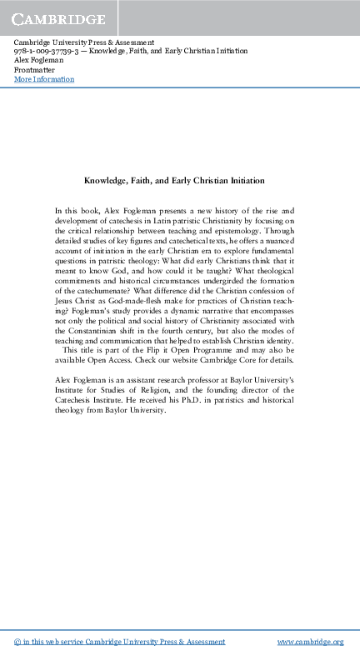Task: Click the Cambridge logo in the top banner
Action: pos(58,18)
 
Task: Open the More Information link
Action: pos(44,79)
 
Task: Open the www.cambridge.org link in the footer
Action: pos(310,642)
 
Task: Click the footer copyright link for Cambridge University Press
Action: pos(120,642)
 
